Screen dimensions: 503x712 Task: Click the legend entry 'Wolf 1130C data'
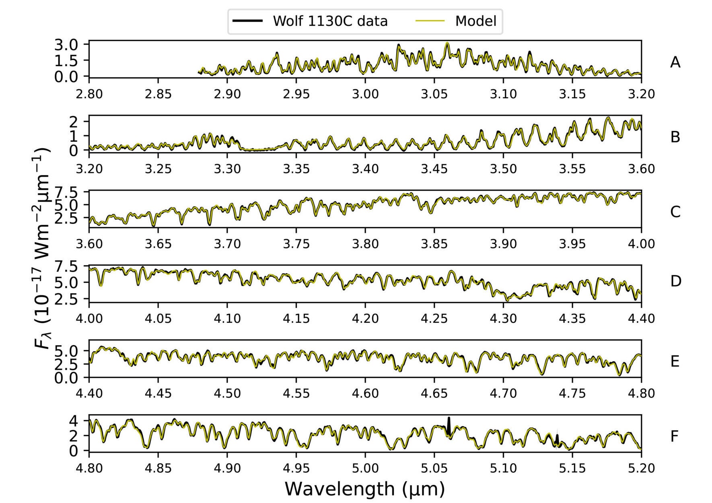point(330,21)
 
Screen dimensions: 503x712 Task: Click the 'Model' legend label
point(475,21)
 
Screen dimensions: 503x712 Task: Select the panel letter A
point(675,62)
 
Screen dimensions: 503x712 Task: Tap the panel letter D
point(675,281)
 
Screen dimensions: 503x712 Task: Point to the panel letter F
point(675,436)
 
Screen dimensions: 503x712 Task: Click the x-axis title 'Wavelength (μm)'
point(365,489)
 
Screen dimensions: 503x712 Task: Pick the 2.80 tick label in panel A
point(89,94)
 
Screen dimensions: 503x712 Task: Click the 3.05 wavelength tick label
point(434,94)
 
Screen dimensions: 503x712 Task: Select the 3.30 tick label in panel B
point(227,169)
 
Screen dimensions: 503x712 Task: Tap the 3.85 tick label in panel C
point(434,243)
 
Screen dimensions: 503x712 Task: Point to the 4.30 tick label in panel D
point(503,318)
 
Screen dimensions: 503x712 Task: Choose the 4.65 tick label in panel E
point(434,393)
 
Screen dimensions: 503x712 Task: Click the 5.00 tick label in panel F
point(365,468)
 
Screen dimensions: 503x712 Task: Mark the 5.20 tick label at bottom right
point(641,468)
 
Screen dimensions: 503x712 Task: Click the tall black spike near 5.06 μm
point(449,425)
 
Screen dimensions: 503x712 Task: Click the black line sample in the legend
point(248,21)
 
